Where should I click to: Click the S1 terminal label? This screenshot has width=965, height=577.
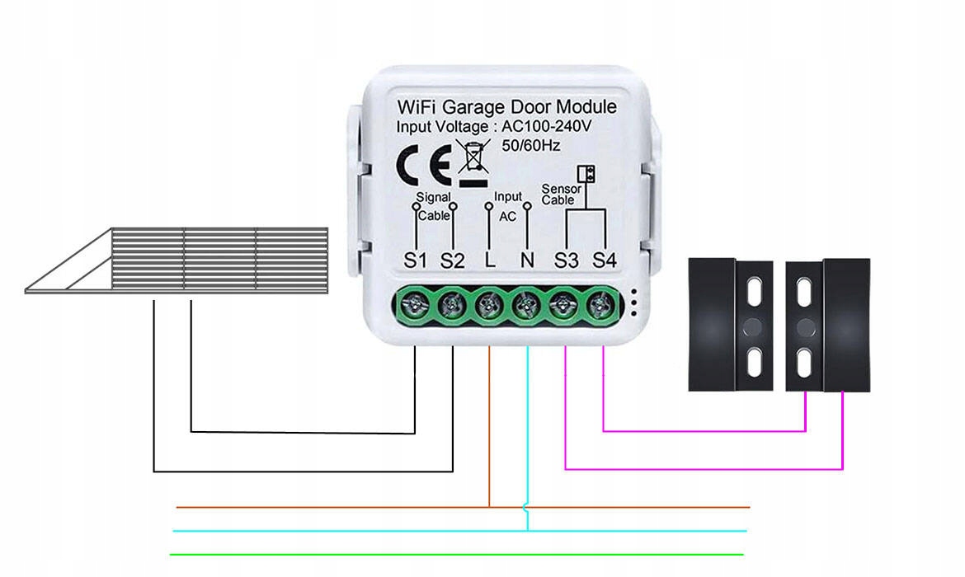pos(415,260)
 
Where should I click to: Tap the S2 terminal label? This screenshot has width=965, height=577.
pos(452,260)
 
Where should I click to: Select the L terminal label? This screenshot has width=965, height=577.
pos(490,260)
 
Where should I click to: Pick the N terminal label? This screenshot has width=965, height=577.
pos(527,260)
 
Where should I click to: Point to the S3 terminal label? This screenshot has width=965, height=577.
pos(566,260)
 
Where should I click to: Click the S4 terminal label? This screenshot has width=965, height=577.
pos(605,260)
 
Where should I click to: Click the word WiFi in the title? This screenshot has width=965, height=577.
pos(417,107)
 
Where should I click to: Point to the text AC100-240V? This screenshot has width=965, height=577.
pos(548,127)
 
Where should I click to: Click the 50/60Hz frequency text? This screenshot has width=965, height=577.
pos(531,146)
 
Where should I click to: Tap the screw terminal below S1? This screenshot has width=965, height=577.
pos(413,307)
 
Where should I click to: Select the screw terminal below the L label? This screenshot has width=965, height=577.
pos(487,307)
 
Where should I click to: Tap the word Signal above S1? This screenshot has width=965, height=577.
pos(433,197)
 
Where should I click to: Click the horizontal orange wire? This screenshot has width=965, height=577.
pos(330,506)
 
